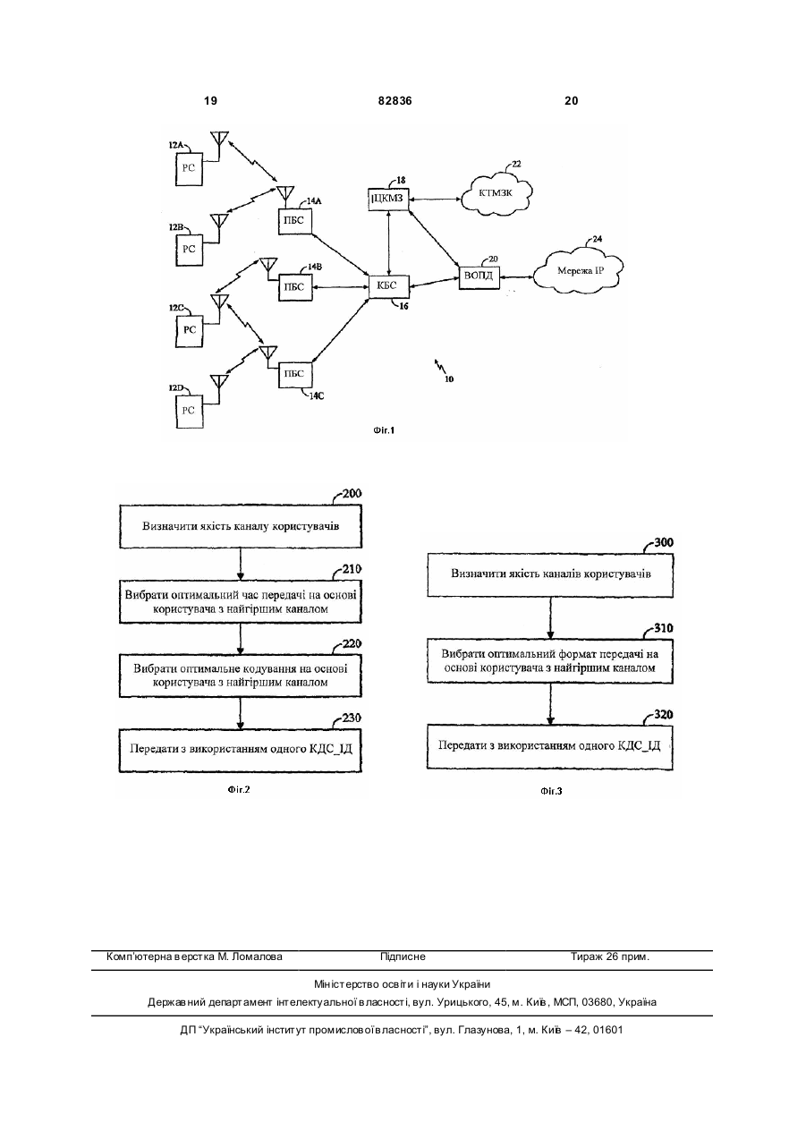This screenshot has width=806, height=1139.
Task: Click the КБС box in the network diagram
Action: point(389,286)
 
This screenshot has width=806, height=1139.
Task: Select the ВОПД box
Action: point(479,277)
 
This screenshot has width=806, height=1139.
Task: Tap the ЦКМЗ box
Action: point(389,199)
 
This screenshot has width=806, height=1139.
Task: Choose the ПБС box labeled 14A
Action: point(295,221)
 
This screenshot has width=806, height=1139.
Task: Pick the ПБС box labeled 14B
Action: point(295,287)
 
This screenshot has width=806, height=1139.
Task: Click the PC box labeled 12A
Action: point(189,169)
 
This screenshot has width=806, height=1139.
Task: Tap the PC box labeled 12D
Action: point(189,411)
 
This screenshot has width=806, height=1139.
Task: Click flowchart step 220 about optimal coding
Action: point(241,676)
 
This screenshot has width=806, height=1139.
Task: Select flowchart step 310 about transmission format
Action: point(549,661)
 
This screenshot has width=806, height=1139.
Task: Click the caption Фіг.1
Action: point(384,430)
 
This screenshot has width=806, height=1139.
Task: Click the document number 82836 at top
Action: point(395,101)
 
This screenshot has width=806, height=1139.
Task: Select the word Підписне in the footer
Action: point(403,956)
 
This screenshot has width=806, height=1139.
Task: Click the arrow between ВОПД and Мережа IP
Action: point(516,277)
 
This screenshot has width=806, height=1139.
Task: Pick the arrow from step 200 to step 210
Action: point(241,564)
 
